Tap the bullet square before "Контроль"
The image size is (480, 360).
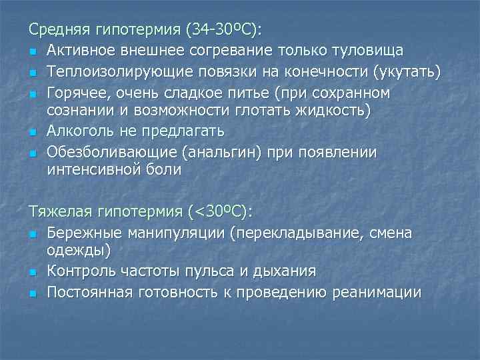(33, 273)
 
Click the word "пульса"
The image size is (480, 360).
(215, 272)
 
